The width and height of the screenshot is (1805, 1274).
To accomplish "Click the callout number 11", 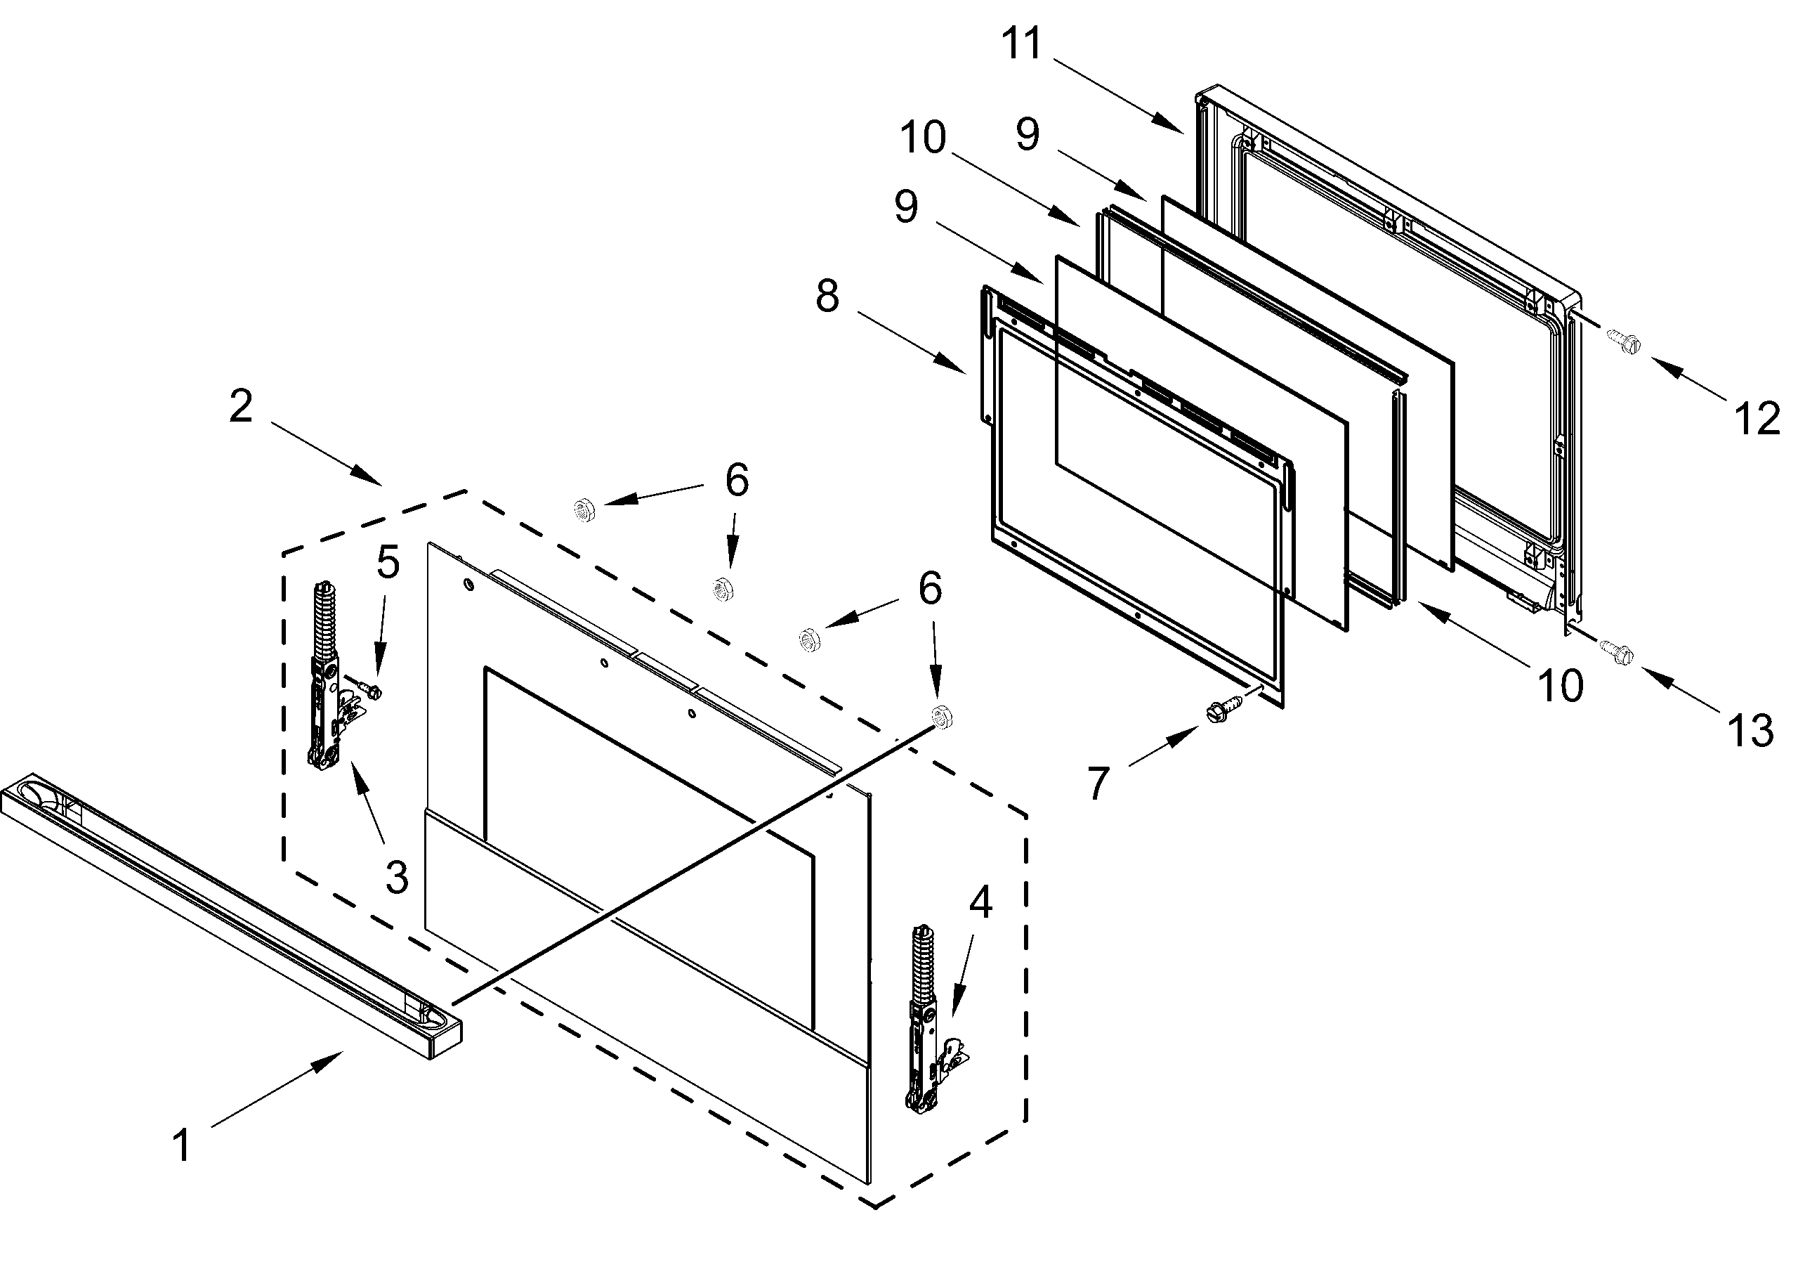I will pos(1022,44).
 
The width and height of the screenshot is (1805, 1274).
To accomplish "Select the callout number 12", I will pos(1757,419).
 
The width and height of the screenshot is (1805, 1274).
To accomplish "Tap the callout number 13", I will pos(1752,731).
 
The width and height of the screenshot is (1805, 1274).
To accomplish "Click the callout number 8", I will pos(827,297).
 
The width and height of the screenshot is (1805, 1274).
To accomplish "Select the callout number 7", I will pos(1098,783).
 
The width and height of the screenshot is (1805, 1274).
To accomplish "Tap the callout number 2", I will pos(242,407).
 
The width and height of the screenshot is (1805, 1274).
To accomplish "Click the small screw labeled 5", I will pos(369,689).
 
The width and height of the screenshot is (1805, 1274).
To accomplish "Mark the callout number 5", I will pos(388,562).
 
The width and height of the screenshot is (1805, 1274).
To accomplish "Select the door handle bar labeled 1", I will pos(228,912).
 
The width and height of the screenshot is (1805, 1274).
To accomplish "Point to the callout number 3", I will pos(397,877).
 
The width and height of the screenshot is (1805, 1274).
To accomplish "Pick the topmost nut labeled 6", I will pos(584,509).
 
